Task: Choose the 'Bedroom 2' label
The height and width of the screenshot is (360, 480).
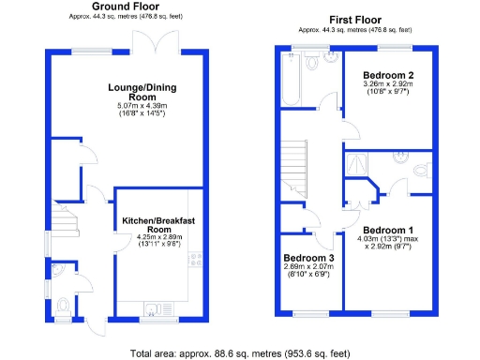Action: tap(389, 75)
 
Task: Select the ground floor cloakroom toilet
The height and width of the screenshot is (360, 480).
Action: tap(64, 306)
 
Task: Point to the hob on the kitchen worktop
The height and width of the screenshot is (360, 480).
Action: tap(196, 261)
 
